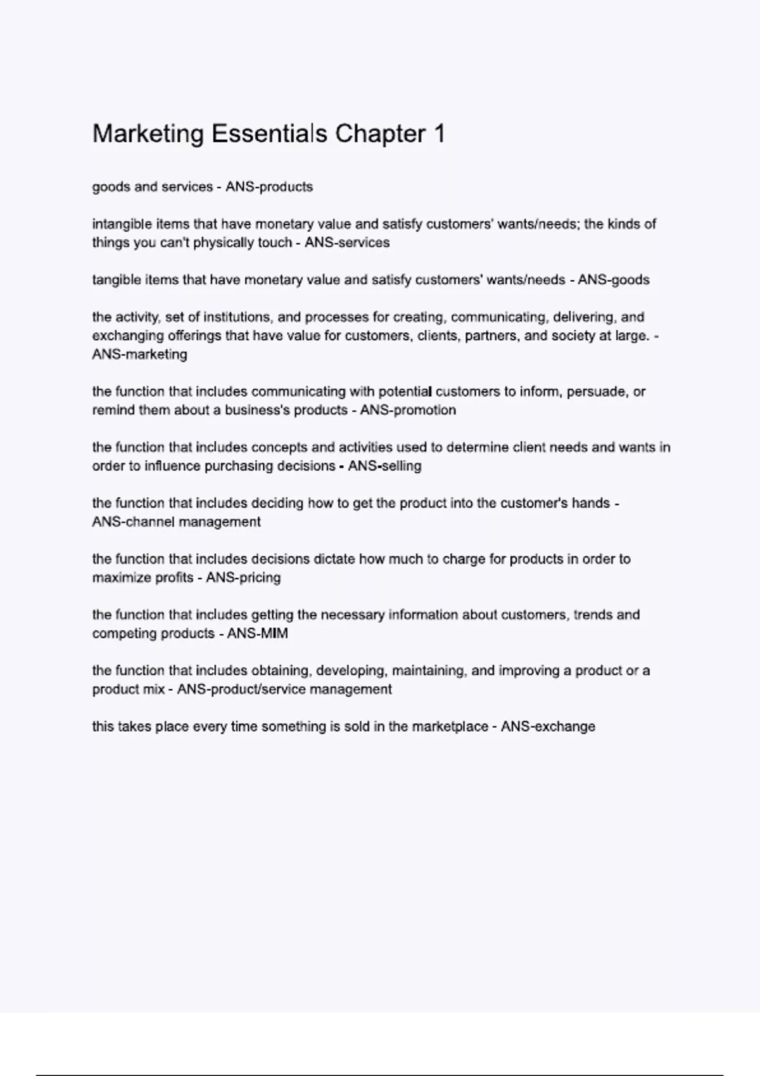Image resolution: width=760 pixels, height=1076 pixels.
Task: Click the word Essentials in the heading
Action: (x=269, y=134)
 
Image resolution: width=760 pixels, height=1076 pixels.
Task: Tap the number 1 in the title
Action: (x=439, y=134)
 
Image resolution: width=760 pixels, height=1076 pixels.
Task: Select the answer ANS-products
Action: (x=269, y=187)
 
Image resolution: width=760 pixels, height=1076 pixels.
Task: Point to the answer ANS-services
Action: (x=347, y=242)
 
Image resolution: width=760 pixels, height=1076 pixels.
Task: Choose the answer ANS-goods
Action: (x=613, y=280)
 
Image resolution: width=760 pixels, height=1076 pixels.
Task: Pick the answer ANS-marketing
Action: (x=139, y=354)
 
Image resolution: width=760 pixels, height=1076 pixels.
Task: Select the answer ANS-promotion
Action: (x=408, y=410)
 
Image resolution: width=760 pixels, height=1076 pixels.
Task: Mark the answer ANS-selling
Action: (x=384, y=466)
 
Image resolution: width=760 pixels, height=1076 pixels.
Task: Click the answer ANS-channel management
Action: (x=176, y=522)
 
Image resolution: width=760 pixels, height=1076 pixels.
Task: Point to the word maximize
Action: (x=117, y=578)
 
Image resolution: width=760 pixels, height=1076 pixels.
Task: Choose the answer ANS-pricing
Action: (x=243, y=578)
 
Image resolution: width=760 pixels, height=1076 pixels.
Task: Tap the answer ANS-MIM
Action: (x=257, y=634)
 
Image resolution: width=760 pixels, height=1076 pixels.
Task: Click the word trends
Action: (x=593, y=615)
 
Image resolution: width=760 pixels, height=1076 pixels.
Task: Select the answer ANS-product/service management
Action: (x=284, y=689)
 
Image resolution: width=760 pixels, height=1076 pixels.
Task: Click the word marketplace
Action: (x=450, y=727)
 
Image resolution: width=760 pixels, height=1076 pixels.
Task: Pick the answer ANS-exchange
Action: (x=548, y=727)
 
